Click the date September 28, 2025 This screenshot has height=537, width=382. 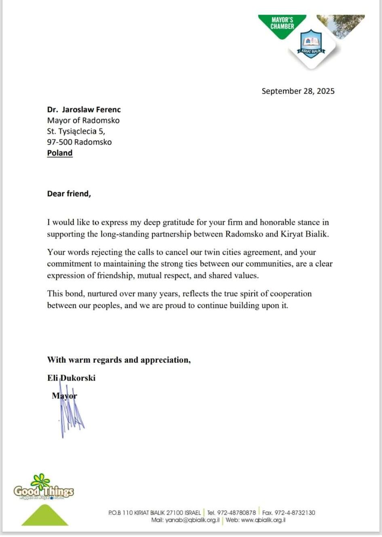(298, 91)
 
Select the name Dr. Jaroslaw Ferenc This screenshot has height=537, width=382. (84, 110)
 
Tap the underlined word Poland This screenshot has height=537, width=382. (60, 153)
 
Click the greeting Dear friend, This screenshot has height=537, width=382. (69, 194)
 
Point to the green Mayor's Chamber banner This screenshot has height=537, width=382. (282, 25)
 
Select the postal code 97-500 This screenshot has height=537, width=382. (59, 142)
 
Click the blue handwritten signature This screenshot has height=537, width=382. (71, 416)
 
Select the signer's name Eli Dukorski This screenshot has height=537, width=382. (71, 378)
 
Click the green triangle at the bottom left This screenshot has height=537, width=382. (45, 516)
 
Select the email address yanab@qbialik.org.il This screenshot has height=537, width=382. (192, 520)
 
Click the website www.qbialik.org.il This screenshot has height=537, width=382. (263, 520)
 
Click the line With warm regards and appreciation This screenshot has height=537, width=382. (119, 360)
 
